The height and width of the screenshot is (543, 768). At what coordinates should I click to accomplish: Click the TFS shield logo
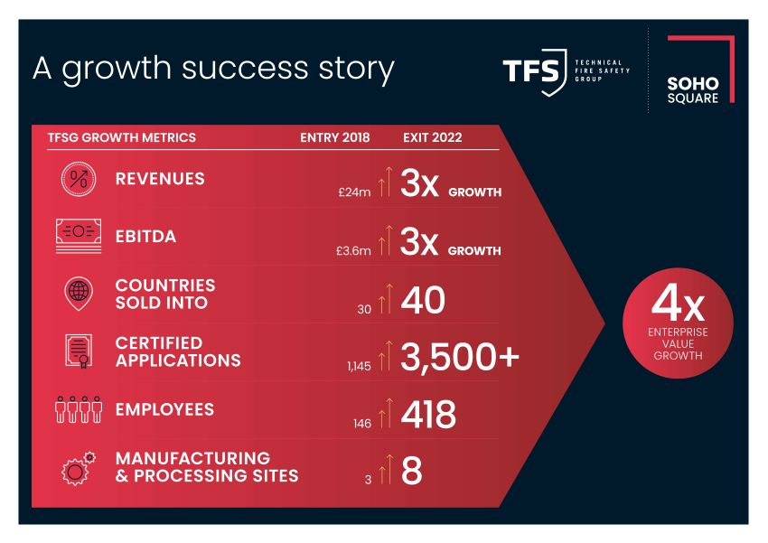[x=535, y=72]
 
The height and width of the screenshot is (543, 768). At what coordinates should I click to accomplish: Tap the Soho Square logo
[x=700, y=69]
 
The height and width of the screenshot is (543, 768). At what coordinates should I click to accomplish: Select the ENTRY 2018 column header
[x=335, y=137]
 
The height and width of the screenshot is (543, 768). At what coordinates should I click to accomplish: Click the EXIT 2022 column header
[x=433, y=137]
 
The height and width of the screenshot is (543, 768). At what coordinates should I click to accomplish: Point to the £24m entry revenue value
[x=354, y=192]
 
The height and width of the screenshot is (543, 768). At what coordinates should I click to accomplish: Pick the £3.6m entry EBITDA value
[x=353, y=250]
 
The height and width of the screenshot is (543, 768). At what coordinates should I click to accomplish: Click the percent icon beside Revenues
[x=79, y=179]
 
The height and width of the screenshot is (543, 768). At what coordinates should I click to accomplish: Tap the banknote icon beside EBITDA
[x=79, y=236]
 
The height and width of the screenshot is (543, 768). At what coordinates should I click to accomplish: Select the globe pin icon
[x=79, y=294]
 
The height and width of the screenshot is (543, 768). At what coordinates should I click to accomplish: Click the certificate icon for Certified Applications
[x=79, y=351]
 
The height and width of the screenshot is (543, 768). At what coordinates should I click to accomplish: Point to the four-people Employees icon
[x=79, y=409]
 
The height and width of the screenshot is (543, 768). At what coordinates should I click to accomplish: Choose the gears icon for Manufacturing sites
[x=79, y=468]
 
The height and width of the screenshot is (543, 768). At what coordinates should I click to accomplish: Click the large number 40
[x=423, y=300]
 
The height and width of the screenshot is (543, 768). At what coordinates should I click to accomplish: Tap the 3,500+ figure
[x=460, y=357]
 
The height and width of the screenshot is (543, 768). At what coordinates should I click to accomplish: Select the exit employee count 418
[x=428, y=414]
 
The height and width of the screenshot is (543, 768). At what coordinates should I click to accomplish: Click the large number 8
[x=411, y=471]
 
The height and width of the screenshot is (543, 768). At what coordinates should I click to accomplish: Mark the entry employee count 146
[x=362, y=424]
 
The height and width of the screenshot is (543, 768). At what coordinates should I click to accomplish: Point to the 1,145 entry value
[x=359, y=366]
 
